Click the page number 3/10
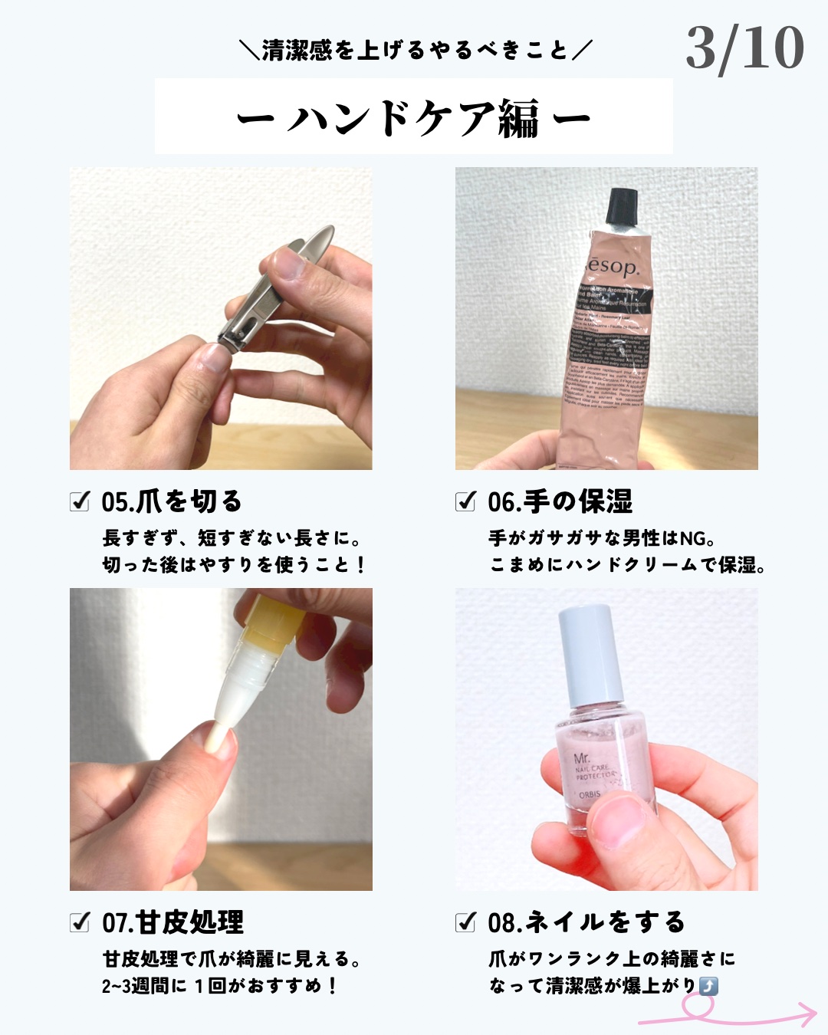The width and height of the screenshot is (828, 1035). point(744,48)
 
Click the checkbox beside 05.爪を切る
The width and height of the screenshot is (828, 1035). point(80,502)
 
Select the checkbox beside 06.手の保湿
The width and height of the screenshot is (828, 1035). point(466,502)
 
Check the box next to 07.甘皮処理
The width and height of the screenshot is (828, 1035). point(80,922)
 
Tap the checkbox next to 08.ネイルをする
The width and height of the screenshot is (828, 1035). point(466,922)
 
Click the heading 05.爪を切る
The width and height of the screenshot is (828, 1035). point(172,502)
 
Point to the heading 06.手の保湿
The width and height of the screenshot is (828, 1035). point(560,502)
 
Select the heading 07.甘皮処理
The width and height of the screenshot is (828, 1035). point(173,922)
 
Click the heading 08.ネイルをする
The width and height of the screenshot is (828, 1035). point(586,922)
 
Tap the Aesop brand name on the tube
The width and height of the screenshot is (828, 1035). point(611,266)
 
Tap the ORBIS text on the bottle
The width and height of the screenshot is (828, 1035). point(590,794)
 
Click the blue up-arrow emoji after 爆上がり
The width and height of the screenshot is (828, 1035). point(709,986)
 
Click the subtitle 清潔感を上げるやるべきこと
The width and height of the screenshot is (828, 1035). point(415,51)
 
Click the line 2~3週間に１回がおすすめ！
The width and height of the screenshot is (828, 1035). point(220,986)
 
